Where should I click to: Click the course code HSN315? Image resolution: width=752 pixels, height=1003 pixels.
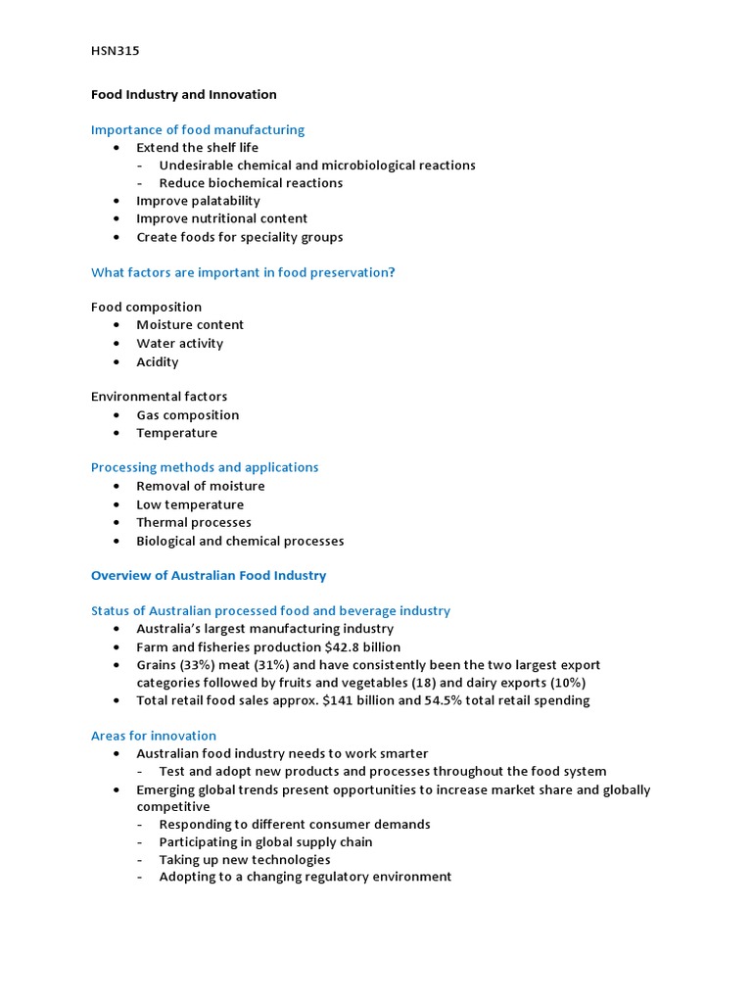116,51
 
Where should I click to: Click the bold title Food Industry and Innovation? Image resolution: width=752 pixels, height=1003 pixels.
184,95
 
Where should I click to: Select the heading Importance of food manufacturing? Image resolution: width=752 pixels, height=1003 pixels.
198,130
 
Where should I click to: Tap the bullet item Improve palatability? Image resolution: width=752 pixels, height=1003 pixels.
198,201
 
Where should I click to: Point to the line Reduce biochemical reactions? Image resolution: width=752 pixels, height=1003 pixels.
251,183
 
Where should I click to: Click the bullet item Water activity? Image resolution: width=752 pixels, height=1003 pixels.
179,344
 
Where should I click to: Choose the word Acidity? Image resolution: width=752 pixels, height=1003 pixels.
158,362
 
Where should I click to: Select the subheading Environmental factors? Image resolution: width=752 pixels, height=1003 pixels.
159,397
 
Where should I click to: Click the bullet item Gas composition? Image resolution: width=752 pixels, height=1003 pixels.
187,415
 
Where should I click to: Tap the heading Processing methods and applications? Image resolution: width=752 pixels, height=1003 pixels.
205,468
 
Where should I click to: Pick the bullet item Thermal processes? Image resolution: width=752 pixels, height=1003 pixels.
194,523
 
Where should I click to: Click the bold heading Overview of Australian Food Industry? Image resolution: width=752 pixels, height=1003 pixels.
209,576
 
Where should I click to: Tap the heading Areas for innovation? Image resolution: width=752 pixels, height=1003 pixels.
154,737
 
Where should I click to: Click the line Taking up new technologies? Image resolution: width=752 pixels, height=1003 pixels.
245,860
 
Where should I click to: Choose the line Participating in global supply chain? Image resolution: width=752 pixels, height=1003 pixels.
265,842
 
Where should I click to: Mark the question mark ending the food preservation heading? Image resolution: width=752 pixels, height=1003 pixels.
392,272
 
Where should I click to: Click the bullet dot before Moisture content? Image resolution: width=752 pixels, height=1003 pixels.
117,325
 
